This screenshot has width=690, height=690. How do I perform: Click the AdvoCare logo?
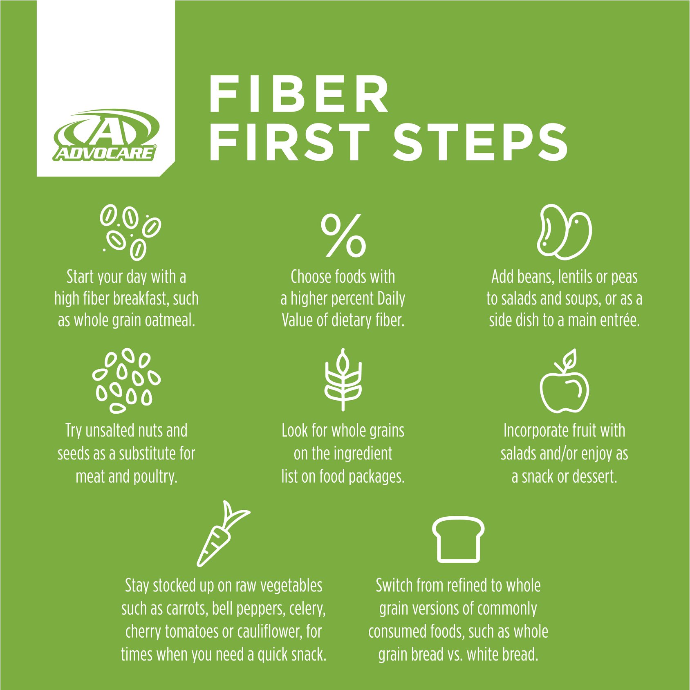tap(105, 134)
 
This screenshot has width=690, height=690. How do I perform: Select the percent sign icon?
tap(343, 235)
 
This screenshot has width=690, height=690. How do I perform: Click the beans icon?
tap(564, 232)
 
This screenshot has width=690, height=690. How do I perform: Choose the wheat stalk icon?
tap(343, 380)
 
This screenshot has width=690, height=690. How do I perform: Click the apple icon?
tap(564, 381)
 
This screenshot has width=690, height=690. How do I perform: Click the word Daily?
tap(391, 299)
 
